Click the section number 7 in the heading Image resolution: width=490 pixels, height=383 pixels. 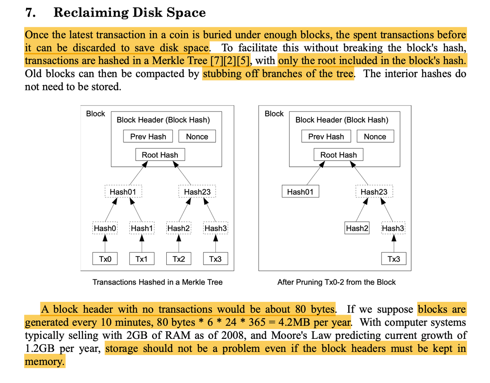[x=30, y=12]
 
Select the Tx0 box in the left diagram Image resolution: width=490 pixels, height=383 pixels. [x=105, y=259]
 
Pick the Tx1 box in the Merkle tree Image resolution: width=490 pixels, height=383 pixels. [x=142, y=259]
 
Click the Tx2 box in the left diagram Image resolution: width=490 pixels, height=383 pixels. [x=179, y=259]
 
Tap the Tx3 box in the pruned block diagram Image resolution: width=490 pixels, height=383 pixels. [x=394, y=259]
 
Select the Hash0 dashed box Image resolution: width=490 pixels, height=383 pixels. [x=105, y=228]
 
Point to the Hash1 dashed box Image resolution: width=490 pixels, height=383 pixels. [x=142, y=228]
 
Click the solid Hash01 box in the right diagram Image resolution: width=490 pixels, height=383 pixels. [x=300, y=191]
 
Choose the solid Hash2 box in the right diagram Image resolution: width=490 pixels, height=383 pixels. [x=357, y=228]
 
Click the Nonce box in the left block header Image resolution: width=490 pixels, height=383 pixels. [x=197, y=136]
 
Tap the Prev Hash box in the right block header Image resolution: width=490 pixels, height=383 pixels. [x=326, y=136]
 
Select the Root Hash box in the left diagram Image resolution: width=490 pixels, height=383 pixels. [x=160, y=154]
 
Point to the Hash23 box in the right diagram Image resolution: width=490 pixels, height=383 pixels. [x=374, y=191]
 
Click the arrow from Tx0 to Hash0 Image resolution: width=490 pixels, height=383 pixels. [x=105, y=244]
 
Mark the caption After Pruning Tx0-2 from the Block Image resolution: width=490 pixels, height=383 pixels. [x=336, y=282]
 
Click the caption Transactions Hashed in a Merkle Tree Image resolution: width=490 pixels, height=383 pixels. [x=157, y=282]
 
